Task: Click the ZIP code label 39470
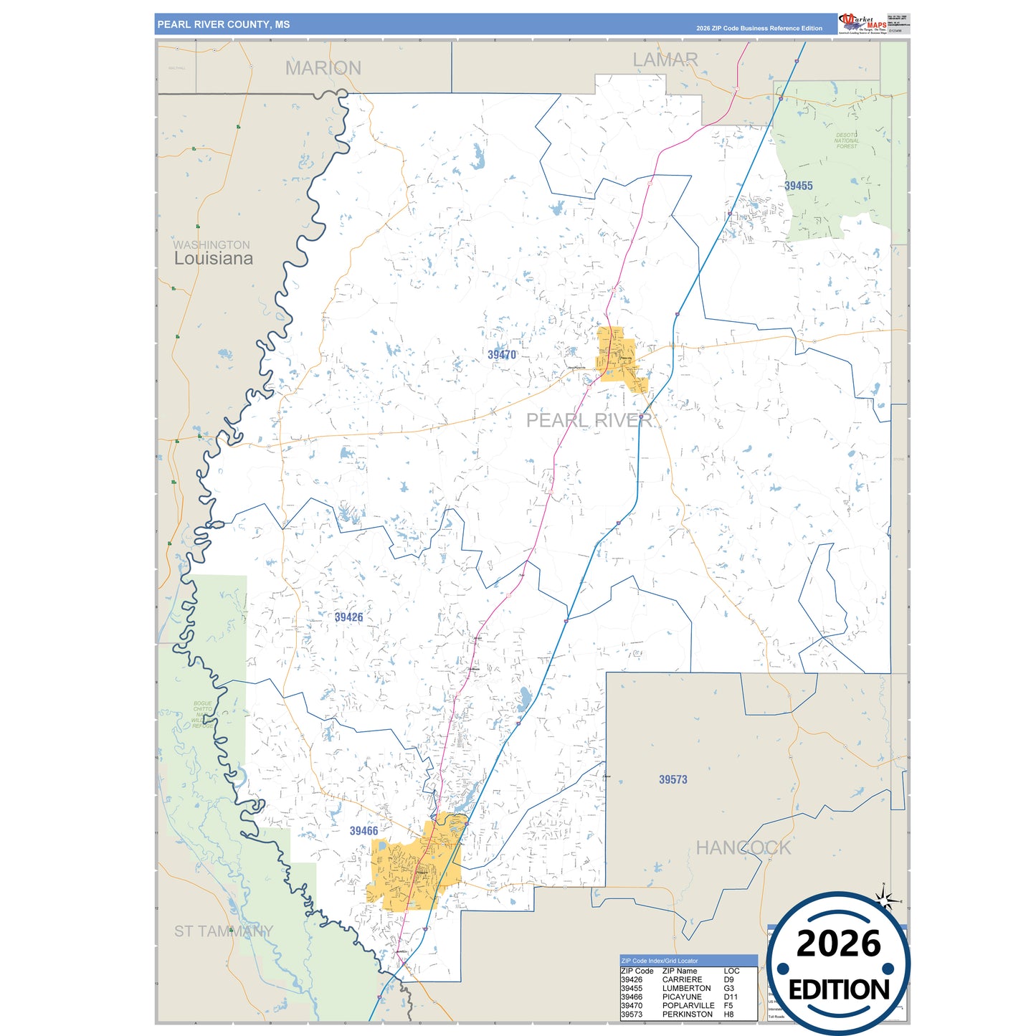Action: point(501,355)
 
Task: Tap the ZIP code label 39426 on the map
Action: point(348,617)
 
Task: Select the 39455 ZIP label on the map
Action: point(798,186)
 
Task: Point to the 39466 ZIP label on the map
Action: point(363,831)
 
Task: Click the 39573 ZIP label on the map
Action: point(673,779)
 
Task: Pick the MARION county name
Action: point(323,68)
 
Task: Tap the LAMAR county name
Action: point(665,60)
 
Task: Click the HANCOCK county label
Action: point(743,848)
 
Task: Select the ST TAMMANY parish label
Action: point(223,931)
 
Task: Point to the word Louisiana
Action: point(213,259)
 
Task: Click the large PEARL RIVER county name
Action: point(589,420)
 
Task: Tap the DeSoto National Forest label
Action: point(846,141)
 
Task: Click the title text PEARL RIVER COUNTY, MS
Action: point(223,24)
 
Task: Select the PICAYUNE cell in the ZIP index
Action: point(681,997)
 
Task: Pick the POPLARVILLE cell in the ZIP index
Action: point(688,1005)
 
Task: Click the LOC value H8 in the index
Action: point(728,1014)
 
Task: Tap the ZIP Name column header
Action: point(679,971)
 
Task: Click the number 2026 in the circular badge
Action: point(838,944)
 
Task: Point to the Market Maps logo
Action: point(862,23)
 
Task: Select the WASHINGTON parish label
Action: point(211,245)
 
